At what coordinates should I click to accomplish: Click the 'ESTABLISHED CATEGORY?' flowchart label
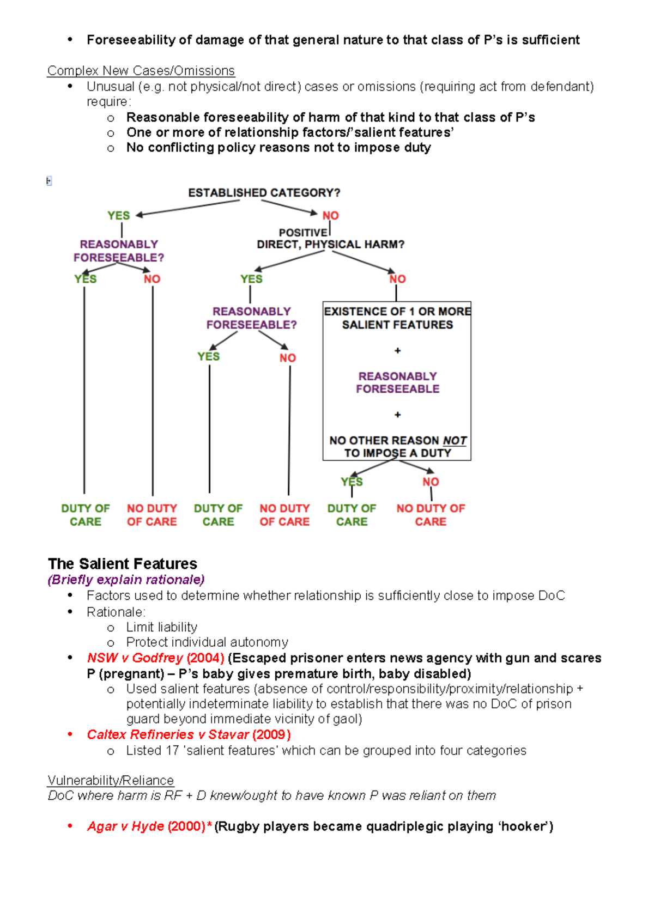click(x=264, y=193)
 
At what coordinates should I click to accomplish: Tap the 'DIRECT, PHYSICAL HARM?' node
click(x=330, y=245)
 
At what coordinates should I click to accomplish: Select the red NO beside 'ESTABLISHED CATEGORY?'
click(x=330, y=216)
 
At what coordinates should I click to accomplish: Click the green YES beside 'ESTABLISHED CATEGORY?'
click(x=118, y=216)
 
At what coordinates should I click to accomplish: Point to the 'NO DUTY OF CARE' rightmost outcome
click(x=431, y=515)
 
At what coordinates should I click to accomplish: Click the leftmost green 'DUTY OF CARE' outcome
click(x=86, y=515)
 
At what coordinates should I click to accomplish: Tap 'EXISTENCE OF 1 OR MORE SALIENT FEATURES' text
click(x=397, y=318)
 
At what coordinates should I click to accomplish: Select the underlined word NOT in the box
click(x=455, y=440)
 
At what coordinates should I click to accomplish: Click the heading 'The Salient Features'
click(x=123, y=563)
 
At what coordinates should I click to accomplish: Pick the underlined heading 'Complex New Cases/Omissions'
click(x=141, y=71)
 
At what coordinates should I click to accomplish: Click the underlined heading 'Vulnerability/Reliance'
click(x=111, y=780)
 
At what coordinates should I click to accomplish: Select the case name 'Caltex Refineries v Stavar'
click(x=168, y=734)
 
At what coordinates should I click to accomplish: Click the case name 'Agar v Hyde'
click(x=125, y=826)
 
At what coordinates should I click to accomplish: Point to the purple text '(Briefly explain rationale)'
click(x=126, y=580)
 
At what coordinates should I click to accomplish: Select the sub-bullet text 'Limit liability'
click(x=162, y=627)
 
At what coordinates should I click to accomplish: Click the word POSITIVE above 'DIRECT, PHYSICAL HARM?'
click(x=303, y=233)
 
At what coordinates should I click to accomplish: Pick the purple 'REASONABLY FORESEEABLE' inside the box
click(x=397, y=382)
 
